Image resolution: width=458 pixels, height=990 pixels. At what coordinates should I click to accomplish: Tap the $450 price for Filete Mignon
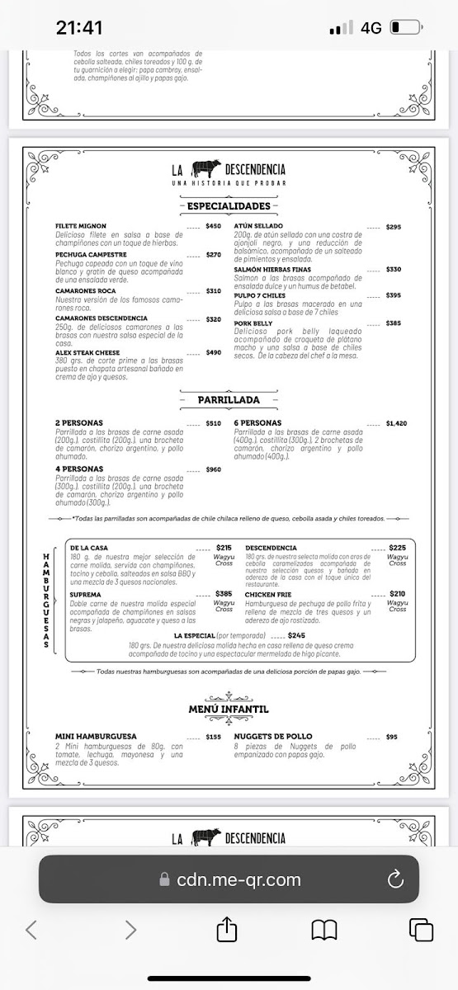pos(214,226)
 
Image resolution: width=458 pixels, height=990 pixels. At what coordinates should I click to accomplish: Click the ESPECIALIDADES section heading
pos(229,205)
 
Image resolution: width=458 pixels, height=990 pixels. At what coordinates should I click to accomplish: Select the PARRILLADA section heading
pos(229,400)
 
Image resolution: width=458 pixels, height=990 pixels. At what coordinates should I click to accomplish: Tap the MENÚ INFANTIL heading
pos(229,709)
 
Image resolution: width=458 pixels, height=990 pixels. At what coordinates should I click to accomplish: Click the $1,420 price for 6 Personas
pos(396,423)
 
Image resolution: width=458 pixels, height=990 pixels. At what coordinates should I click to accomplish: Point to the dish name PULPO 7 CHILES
pos(259,295)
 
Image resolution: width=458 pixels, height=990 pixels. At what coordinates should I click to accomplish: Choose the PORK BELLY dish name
pos(253,323)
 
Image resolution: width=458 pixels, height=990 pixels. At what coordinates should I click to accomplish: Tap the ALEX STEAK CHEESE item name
pos(87,352)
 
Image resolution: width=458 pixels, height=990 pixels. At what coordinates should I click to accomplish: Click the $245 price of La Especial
pos(296,635)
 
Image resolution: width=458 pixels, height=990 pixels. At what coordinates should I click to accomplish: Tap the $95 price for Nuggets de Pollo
pos(391,737)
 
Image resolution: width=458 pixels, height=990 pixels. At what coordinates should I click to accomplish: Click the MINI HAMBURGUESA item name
pos(96,736)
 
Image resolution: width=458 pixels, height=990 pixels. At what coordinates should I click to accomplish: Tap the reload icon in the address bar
pos(395,879)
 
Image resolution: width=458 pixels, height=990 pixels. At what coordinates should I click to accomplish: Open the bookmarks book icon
pos(324,930)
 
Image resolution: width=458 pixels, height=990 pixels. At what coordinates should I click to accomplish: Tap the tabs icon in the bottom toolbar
pos(421,930)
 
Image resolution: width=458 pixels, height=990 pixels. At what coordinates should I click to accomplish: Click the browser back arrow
pos(31,930)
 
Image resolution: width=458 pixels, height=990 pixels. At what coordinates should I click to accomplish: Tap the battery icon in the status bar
pos(405,27)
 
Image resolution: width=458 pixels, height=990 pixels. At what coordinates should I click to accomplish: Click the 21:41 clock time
pos(79,27)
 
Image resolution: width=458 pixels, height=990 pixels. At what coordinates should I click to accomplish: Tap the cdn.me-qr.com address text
pos(238,880)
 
